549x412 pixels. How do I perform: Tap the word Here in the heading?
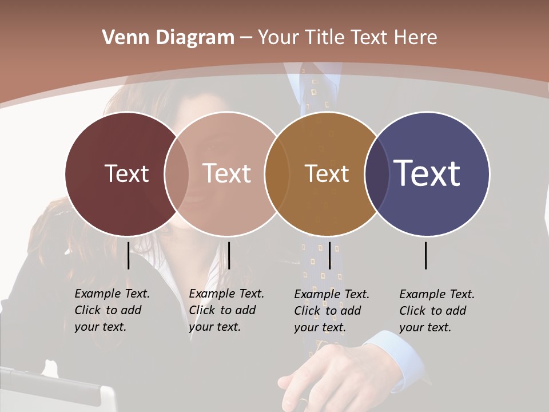(416, 38)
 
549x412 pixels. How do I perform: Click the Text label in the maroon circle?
(126, 173)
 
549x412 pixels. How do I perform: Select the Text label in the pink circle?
(226, 173)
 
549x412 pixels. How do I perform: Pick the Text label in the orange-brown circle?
(327, 173)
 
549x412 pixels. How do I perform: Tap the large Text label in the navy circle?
(427, 173)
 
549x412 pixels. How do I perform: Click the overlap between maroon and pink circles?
(177, 173)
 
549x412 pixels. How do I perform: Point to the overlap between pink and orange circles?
(277, 173)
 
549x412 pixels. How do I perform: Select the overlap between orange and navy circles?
(377, 173)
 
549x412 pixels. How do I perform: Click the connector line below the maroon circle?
(129, 255)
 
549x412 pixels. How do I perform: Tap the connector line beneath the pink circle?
(229, 255)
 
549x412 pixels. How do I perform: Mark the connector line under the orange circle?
(329, 255)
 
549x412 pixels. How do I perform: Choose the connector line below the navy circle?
(426, 255)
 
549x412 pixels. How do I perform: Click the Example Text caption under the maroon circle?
(112, 310)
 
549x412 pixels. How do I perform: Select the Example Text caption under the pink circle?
(226, 310)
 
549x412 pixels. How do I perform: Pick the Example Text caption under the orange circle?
(331, 311)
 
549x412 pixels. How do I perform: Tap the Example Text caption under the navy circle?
(436, 311)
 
